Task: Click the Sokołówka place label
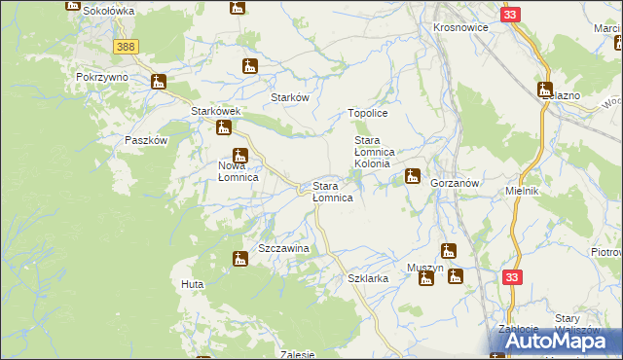[x=108, y=10]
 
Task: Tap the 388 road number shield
[x=125, y=47]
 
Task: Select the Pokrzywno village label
[x=104, y=75]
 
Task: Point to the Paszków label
[x=147, y=140]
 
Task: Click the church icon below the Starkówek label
[x=224, y=127]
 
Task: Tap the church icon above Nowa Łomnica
[x=239, y=155]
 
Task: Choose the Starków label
[x=290, y=98]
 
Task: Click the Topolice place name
[x=369, y=114]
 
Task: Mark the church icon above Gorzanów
[x=413, y=176]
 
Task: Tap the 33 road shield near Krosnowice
[x=511, y=15]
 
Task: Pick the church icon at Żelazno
[x=545, y=90]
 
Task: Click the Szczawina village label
[x=283, y=249]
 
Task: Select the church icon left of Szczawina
[x=239, y=258]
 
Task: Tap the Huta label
[x=191, y=283]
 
